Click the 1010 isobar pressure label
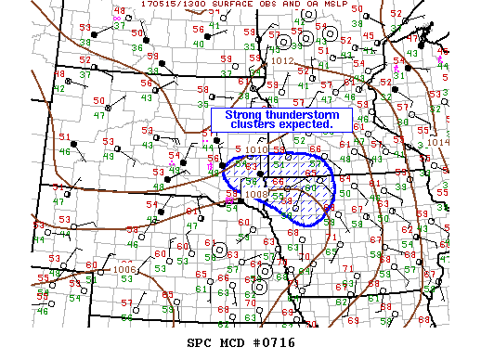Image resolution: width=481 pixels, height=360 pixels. click(x=257, y=148)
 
